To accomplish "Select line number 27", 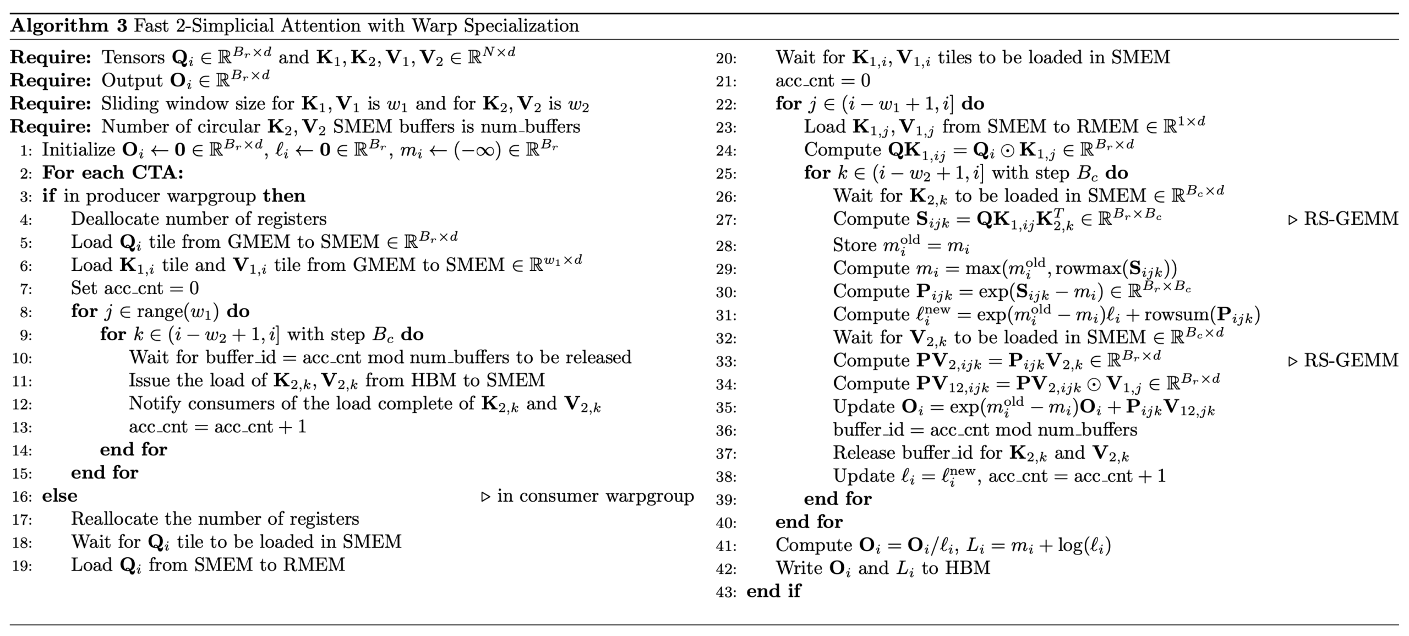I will tap(726, 220).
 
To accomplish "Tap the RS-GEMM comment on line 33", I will tap(1351, 360).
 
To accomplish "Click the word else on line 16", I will tap(59, 496).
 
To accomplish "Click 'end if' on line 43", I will tap(773, 591).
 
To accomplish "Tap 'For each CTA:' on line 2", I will tap(113, 173).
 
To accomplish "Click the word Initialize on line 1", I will tap(78, 150).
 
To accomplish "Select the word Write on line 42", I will tap(799, 568).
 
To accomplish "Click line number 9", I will tap(26, 335).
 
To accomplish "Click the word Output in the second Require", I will tap(132, 80).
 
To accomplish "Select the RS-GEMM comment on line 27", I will tap(1351, 219).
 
